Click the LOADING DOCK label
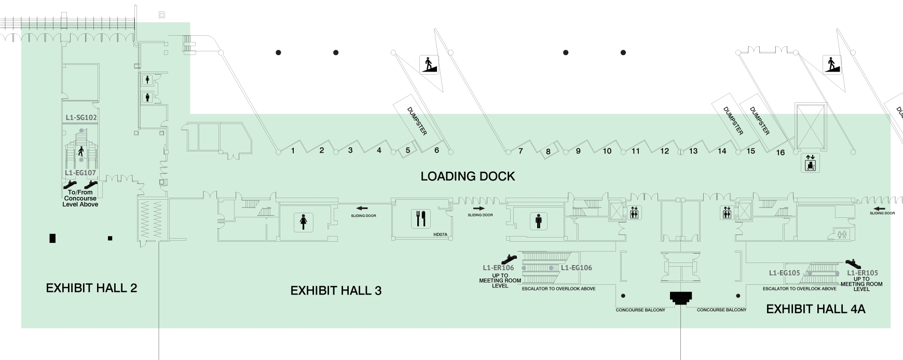(468, 176)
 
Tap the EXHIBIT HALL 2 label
(92, 288)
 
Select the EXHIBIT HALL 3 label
(336, 290)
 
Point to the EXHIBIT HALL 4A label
(816, 309)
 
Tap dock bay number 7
(521, 151)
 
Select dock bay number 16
(781, 153)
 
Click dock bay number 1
(293, 150)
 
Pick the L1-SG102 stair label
(81, 118)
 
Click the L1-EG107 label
(80, 173)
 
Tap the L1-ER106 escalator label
(498, 268)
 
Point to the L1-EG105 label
(785, 272)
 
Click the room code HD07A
(440, 234)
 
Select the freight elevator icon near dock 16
(810, 163)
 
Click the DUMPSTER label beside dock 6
(417, 121)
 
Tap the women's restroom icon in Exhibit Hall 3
(303, 222)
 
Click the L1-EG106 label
(577, 268)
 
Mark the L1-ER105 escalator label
(863, 272)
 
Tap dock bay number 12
(665, 151)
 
